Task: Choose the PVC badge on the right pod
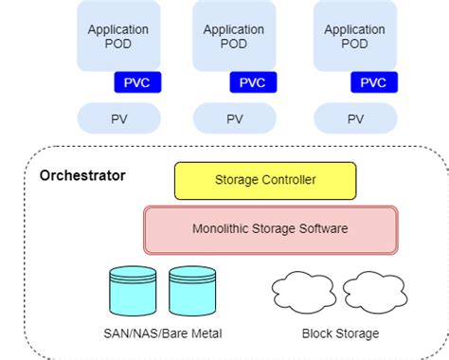coord(374,82)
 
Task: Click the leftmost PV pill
coord(118,119)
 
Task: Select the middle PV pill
coord(234,119)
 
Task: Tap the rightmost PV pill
coord(355,119)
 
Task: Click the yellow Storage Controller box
coord(265,180)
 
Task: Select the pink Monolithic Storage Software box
coord(271,228)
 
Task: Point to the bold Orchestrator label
coord(82,176)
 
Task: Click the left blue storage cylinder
coord(132,290)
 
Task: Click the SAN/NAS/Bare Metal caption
coord(162,333)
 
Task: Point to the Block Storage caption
coord(340,333)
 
